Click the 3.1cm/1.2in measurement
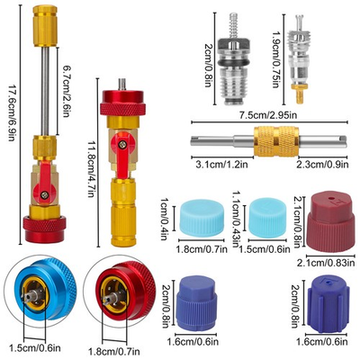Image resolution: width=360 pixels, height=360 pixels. (218, 165)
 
